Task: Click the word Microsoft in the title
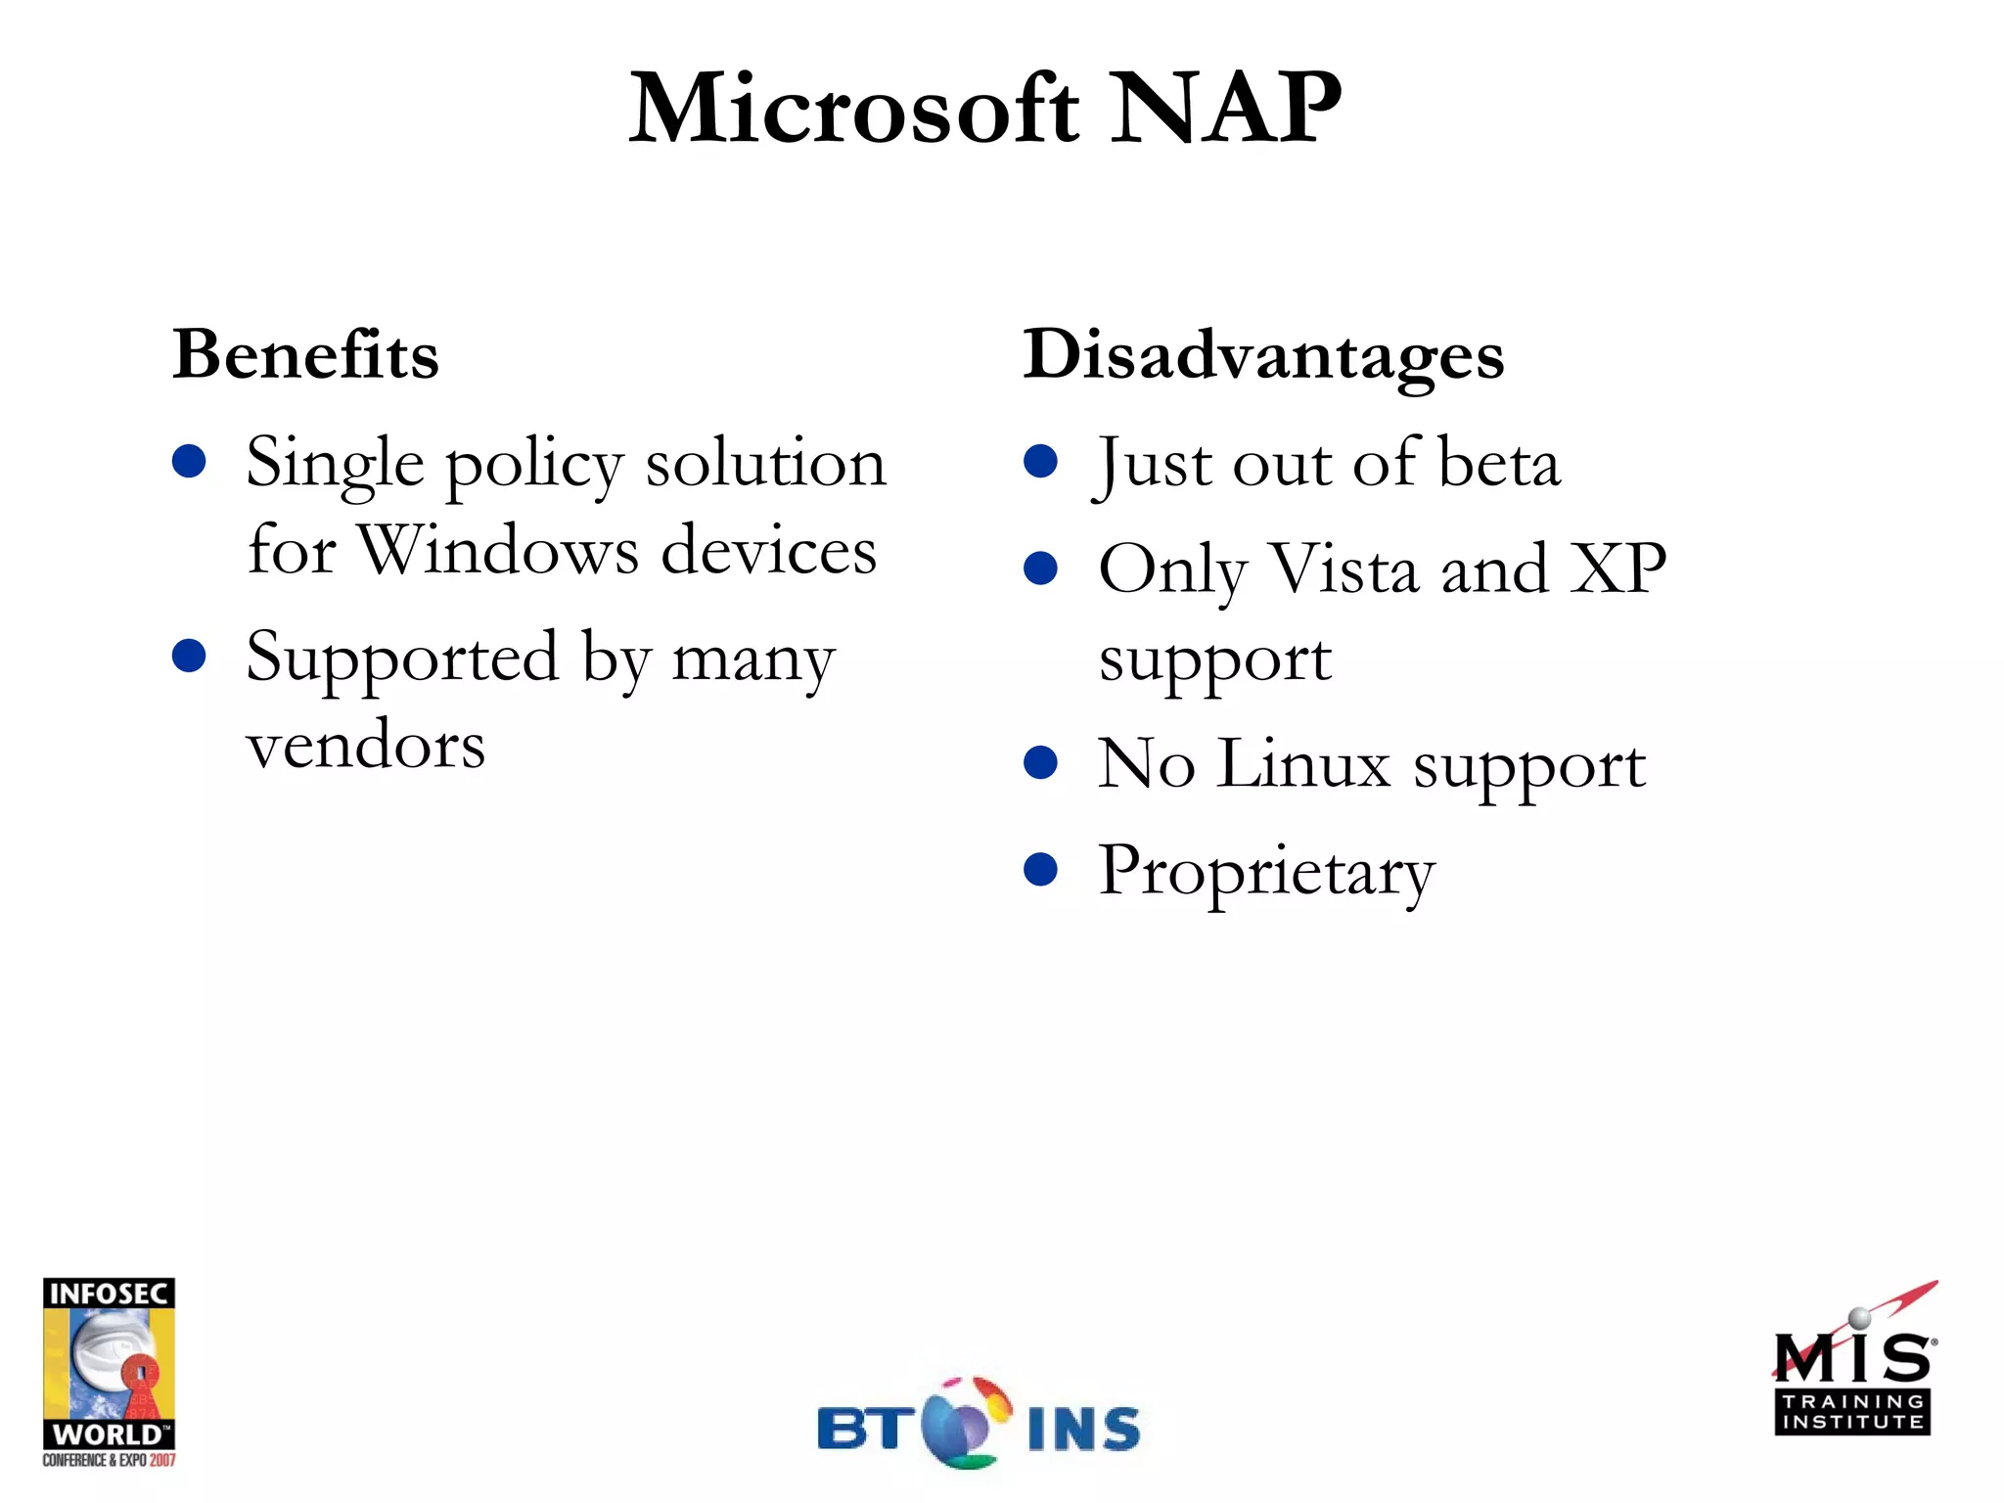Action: [854, 110]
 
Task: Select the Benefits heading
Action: [305, 354]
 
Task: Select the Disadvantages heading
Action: [1263, 356]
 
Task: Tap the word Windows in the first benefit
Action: [499, 550]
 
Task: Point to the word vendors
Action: [366, 746]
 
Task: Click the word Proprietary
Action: [1267, 872]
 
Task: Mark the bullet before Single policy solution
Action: [189, 461]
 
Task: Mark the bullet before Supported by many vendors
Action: [189, 656]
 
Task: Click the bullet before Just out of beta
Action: [1041, 461]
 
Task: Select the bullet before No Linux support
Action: [1041, 762]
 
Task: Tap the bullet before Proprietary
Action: [1041, 869]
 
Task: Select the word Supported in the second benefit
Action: [402, 658]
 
